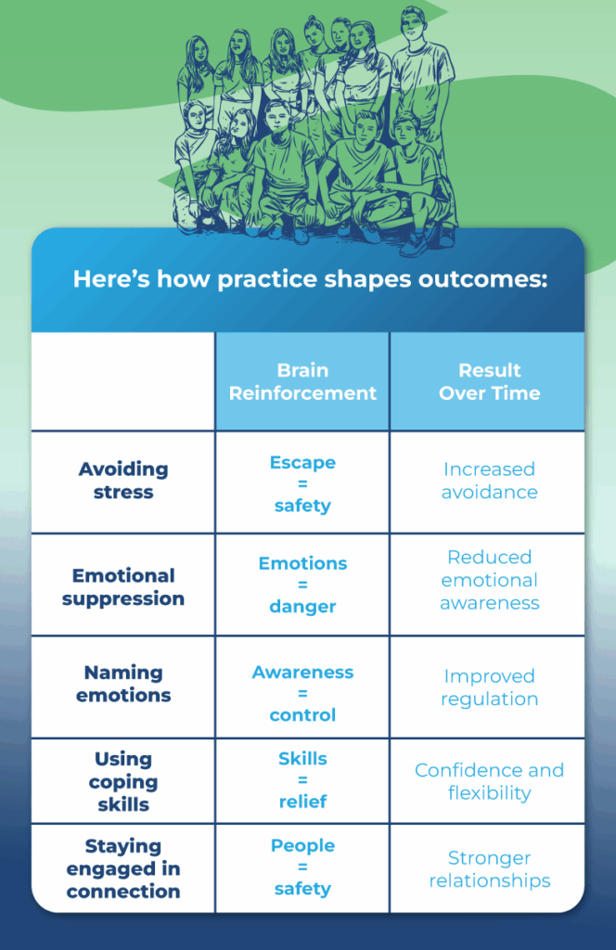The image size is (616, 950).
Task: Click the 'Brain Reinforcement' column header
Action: click(x=302, y=381)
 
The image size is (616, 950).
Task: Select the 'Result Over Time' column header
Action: click(x=489, y=381)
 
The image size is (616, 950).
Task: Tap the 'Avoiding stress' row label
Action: click(x=123, y=481)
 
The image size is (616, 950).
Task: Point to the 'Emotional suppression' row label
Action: click(x=123, y=587)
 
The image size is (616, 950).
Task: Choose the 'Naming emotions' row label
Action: click(x=123, y=684)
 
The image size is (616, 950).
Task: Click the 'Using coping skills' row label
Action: click(x=123, y=782)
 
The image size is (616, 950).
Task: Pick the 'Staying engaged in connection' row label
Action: click(x=123, y=869)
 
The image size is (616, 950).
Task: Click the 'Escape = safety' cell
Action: click(x=302, y=483)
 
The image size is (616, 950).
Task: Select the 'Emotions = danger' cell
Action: click(x=302, y=584)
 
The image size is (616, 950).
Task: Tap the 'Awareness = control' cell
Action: click(x=302, y=693)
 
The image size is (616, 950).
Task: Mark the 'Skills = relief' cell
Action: click(x=302, y=780)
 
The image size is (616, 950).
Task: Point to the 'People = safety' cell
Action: click(x=302, y=867)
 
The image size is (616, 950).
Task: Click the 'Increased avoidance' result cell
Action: click(x=489, y=481)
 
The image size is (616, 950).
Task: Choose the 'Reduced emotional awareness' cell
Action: click(x=489, y=580)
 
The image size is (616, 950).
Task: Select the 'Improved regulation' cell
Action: click(x=489, y=687)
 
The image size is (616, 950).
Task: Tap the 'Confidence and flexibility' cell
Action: click(x=489, y=781)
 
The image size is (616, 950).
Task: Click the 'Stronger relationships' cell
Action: click(x=489, y=869)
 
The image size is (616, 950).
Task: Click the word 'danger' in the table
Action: click(x=302, y=607)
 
